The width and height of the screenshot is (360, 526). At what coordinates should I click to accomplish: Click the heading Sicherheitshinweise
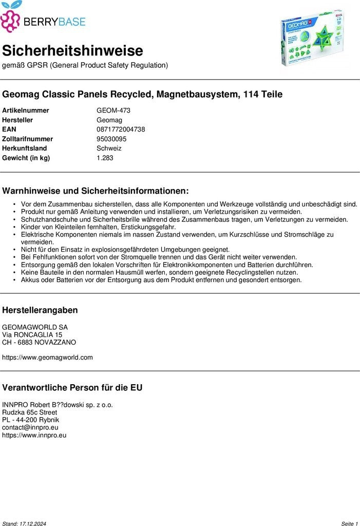point(72,51)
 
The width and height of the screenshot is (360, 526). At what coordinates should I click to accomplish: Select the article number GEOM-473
point(113,110)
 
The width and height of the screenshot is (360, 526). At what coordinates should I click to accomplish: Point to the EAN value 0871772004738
point(121,129)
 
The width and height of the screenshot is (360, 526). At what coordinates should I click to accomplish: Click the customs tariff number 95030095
point(111,139)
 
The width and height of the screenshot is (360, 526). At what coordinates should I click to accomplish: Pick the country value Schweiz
point(109,148)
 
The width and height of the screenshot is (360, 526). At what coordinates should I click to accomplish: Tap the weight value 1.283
point(105,158)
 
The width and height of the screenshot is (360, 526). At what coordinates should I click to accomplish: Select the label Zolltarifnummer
point(27,139)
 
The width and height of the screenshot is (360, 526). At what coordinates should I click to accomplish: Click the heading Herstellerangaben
point(40,310)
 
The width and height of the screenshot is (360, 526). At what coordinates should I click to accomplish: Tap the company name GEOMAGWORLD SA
point(35,327)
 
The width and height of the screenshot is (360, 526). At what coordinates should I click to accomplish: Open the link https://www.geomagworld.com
point(47,357)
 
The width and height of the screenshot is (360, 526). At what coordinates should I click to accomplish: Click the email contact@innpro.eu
point(30,427)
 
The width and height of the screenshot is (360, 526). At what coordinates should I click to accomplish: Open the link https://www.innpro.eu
point(34,435)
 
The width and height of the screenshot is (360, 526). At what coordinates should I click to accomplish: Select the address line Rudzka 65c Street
point(29,412)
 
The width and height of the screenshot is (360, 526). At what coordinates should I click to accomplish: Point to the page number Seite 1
point(349,523)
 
